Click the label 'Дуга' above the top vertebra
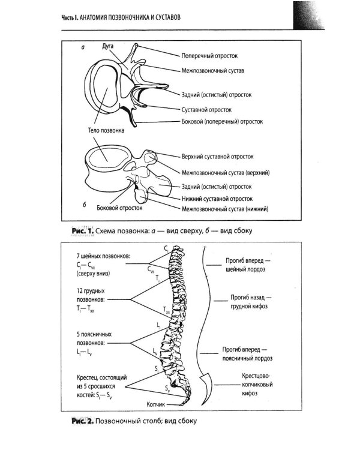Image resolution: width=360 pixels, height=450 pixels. coord(107,46)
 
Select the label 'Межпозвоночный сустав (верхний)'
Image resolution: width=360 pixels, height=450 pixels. coord(226,173)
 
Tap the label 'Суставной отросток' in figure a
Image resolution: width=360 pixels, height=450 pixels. coord(206,110)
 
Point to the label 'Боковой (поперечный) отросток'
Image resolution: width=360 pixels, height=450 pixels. coord(222,122)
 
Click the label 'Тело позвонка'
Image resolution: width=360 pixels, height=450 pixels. coord(106,130)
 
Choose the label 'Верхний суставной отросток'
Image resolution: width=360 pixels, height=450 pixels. coord(218,157)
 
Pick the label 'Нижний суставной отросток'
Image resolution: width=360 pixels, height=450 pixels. coord(217,199)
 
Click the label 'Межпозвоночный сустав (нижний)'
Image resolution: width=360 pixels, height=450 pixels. coord(225,209)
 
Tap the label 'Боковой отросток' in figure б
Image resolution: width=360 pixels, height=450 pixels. coord(119,208)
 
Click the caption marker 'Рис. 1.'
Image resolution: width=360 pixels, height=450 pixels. coord(83,231)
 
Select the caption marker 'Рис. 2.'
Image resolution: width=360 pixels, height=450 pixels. coord(83,421)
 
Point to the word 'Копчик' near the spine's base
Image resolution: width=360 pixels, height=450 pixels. coord(155,404)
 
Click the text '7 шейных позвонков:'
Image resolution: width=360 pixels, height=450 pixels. coord(103,256)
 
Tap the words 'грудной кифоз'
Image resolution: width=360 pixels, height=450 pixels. coord(249,306)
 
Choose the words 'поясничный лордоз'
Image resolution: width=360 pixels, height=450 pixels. coord(247,358)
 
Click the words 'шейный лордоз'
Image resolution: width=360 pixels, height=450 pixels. coord(245,269)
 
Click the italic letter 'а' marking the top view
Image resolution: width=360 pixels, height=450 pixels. coord(83,47)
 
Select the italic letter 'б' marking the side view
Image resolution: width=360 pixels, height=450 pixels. coord(85,205)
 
